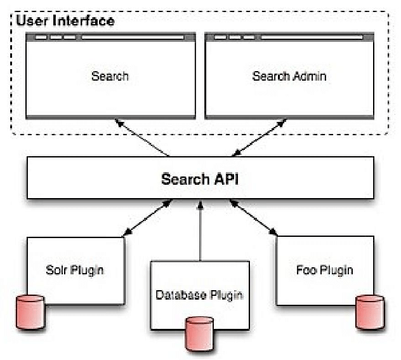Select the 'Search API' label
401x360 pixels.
(199, 178)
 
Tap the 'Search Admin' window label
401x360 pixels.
(289, 76)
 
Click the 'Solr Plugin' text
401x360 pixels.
(76, 270)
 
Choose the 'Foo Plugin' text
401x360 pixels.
(324, 270)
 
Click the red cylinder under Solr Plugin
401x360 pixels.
(31, 311)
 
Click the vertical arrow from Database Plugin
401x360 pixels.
(200, 232)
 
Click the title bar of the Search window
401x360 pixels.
(110, 37)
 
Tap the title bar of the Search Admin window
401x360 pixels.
(289, 37)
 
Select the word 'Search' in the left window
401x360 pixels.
(110, 76)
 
